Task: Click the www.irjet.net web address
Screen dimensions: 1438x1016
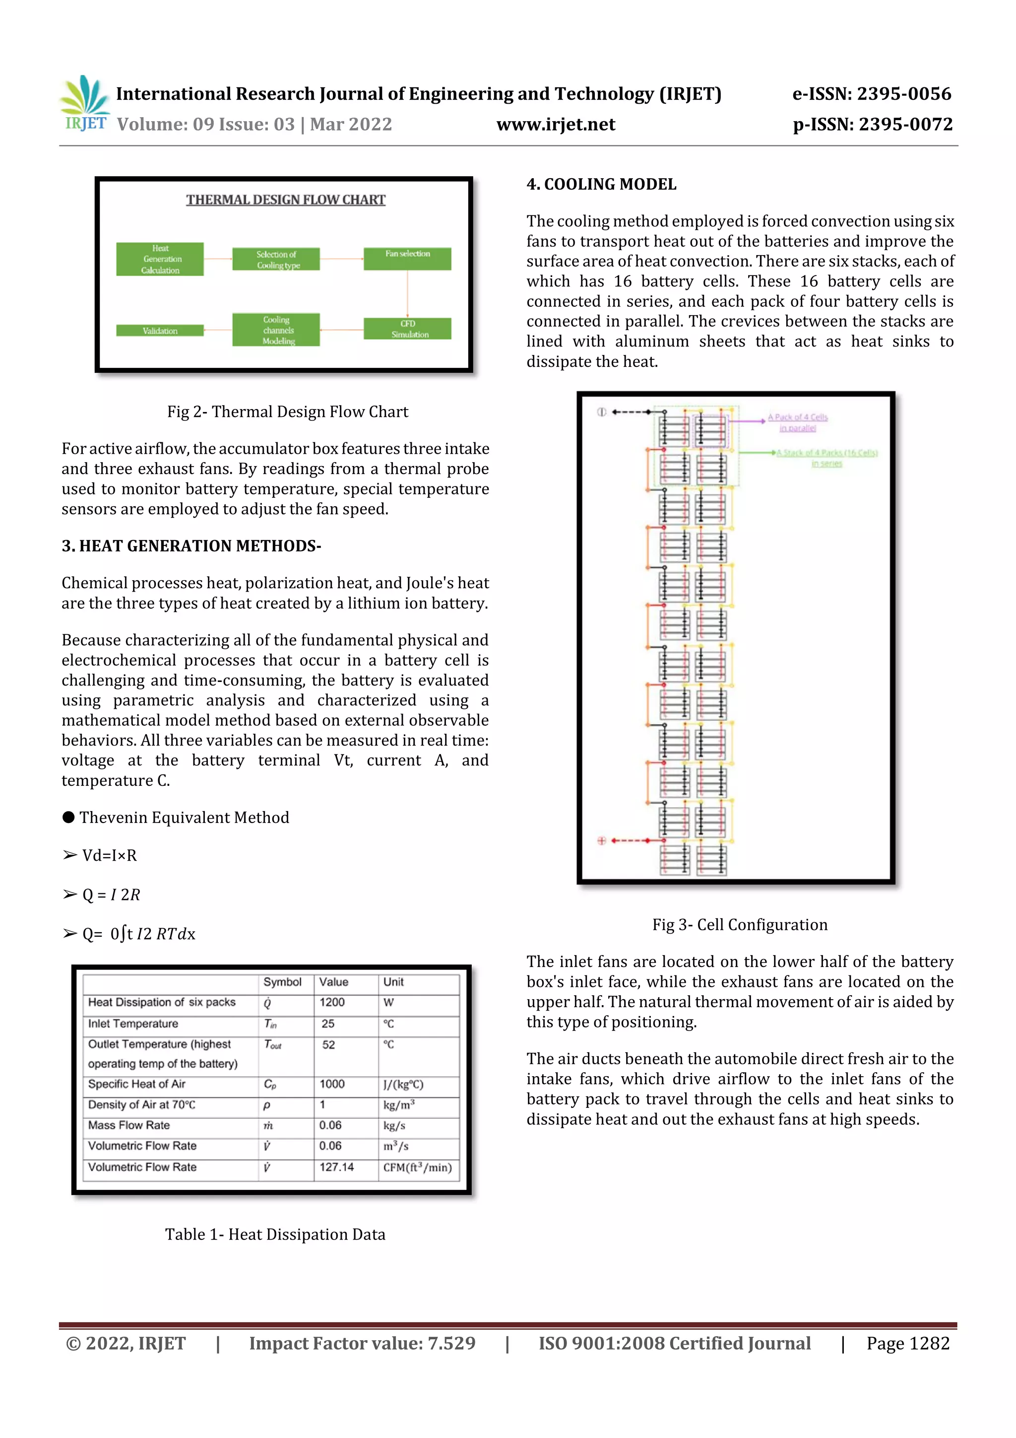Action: [555, 125]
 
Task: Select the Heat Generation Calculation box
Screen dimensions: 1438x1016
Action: [160, 259]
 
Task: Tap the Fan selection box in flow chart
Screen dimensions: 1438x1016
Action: [407, 258]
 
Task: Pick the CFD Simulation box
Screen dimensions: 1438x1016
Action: [407, 329]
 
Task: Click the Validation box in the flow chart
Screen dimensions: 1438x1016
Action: [160, 331]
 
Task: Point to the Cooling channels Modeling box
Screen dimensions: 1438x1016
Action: [276, 330]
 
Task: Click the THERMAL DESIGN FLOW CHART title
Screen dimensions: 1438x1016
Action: [285, 200]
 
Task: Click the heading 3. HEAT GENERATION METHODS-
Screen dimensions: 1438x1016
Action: [191, 546]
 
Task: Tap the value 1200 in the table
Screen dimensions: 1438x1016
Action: [332, 1002]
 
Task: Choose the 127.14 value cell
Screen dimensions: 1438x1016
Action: [336, 1167]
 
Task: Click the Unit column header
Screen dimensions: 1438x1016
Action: [393, 982]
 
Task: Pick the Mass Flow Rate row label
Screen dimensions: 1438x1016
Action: [129, 1125]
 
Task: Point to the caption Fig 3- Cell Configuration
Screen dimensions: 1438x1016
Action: [739, 925]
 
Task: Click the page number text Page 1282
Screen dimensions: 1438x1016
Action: [908, 1343]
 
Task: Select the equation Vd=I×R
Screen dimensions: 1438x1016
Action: [110, 856]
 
